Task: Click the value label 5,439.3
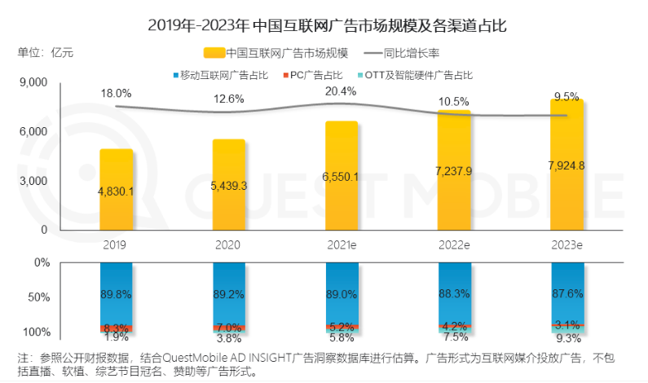229,186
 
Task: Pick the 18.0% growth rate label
117,95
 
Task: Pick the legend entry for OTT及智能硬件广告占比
417,75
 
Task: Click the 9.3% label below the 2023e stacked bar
566,338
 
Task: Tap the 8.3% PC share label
117,327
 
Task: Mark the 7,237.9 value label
454,173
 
